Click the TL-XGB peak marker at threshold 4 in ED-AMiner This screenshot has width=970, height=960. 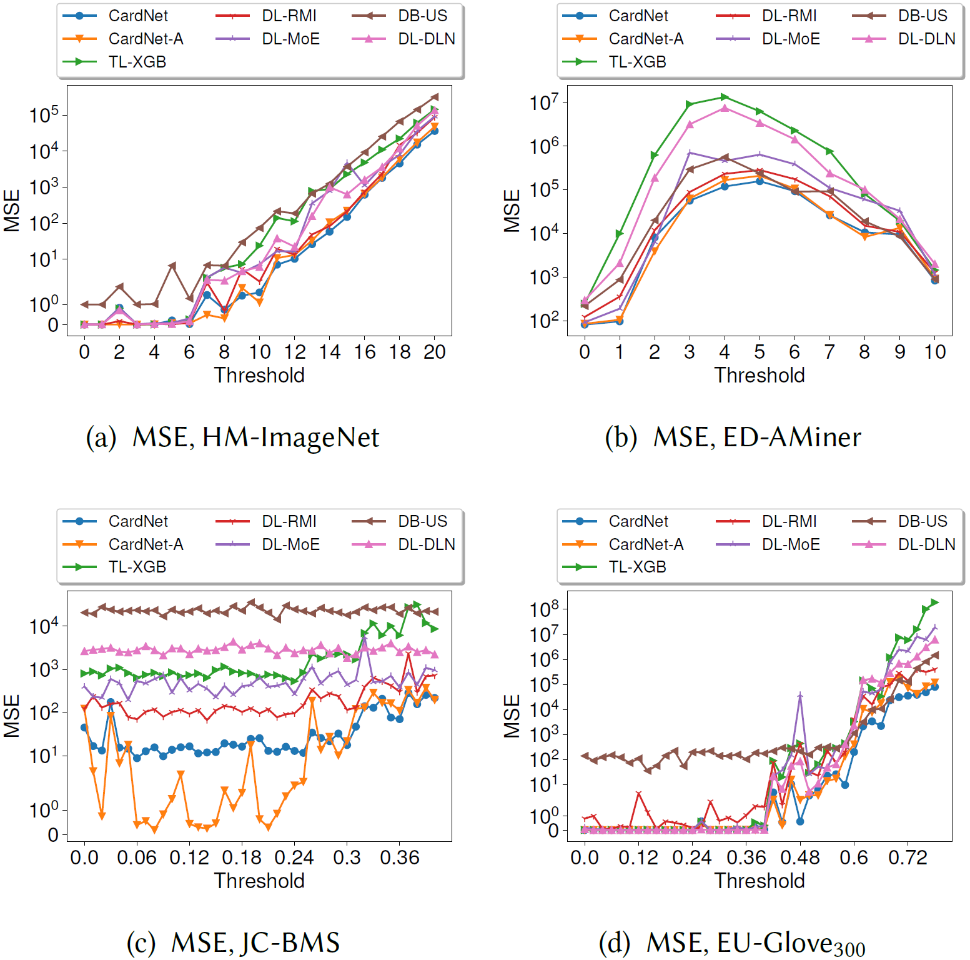[725, 97]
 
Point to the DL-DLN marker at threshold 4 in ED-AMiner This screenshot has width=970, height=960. [725, 108]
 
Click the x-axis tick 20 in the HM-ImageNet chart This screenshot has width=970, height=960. [435, 352]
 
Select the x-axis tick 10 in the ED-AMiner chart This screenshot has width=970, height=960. [934, 352]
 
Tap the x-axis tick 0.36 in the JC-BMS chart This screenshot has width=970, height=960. [400, 857]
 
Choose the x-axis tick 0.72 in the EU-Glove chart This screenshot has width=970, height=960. [908, 857]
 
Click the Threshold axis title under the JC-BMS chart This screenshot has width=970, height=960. [259, 881]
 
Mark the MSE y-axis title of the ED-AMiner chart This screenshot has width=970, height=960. [512, 211]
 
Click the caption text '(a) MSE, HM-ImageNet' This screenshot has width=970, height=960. [232, 437]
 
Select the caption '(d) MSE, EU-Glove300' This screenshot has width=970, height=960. [732, 943]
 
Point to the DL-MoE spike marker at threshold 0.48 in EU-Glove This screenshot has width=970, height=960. [800, 695]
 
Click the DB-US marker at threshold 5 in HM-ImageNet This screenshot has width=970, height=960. [172, 266]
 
